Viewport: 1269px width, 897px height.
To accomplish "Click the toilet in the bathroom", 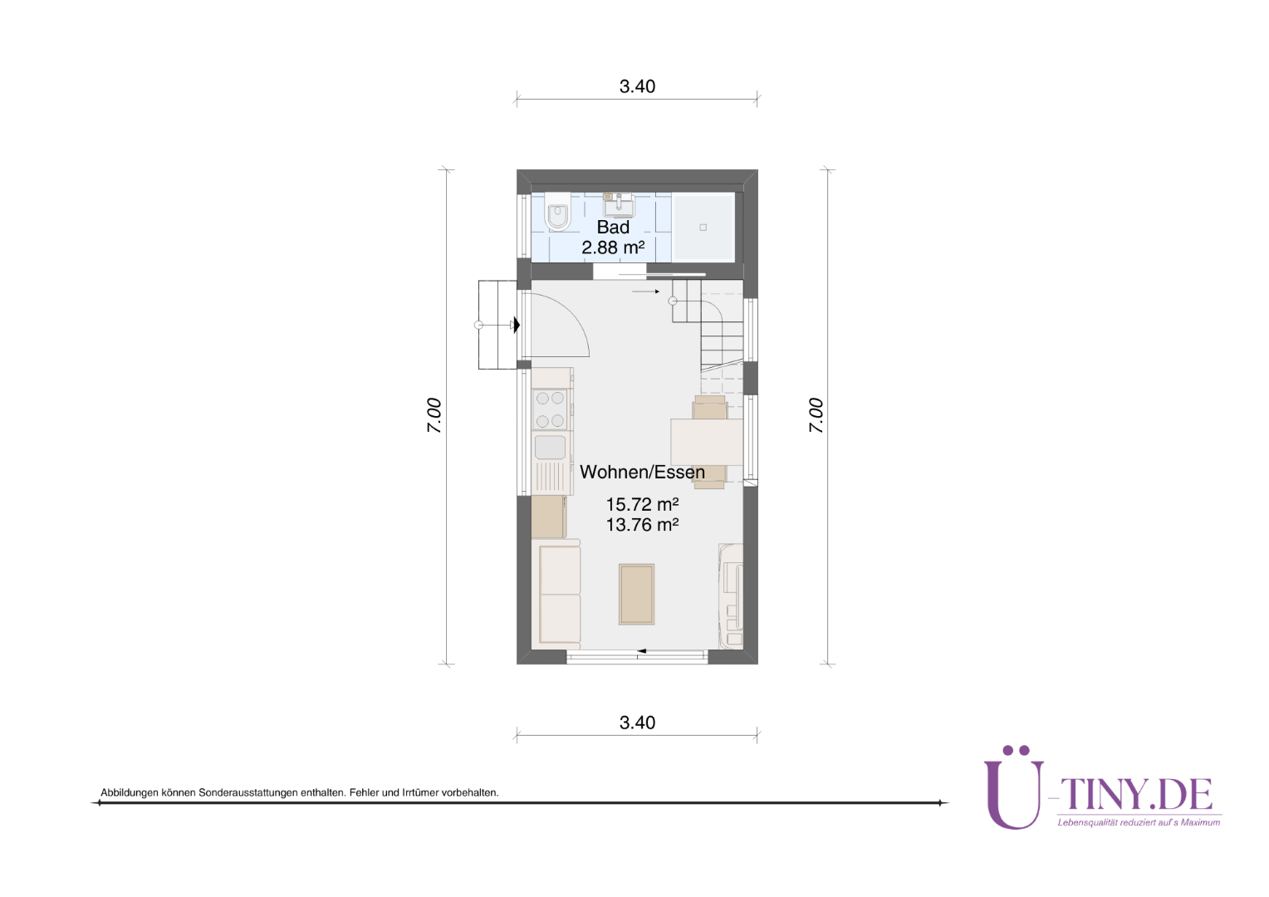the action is coord(557,217).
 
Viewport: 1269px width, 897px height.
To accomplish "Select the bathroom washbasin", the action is coord(620,204).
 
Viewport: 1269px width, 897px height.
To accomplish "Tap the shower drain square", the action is coord(703,228).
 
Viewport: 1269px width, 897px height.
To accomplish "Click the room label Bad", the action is coord(613,228).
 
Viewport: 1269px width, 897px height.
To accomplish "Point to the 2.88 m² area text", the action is coord(613,248).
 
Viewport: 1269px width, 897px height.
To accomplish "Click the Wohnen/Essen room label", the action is coord(643,472).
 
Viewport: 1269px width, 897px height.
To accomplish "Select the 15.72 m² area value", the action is coord(643,504).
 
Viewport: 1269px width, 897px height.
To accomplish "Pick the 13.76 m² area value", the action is coord(643,525).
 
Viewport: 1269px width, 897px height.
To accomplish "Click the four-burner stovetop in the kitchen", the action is coord(550,409).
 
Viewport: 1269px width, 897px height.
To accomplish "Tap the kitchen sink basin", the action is coord(550,447).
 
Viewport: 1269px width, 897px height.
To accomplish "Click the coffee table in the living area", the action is coord(636,594).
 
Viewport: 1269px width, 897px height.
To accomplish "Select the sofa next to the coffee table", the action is coord(556,594).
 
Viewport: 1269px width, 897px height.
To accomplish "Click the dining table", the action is coord(707,442).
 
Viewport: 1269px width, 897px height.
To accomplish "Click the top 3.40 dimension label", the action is coord(637,86).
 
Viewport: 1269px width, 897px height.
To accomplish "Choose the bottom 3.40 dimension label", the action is coord(637,723).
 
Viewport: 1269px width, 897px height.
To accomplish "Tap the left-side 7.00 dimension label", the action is coord(434,416).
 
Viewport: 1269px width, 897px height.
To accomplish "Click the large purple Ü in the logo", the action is coord(1014,788).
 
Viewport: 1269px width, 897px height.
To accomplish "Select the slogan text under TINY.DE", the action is coord(1139,823).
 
